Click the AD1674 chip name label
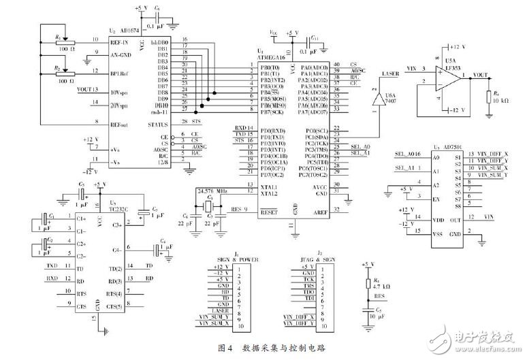[133, 31]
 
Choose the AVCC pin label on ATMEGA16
[317, 187]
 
